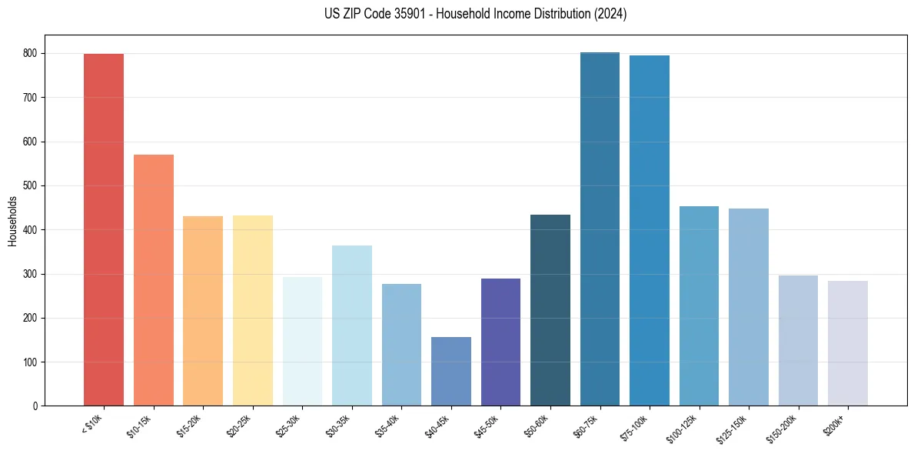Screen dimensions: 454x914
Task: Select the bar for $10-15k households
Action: (x=153, y=280)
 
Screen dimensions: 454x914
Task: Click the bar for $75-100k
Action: (x=650, y=230)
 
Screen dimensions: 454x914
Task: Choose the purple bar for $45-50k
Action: (x=500, y=342)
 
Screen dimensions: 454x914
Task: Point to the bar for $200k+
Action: (x=848, y=343)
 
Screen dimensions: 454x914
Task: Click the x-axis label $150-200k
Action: (x=793, y=426)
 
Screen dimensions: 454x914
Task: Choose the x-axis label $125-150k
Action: (x=743, y=426)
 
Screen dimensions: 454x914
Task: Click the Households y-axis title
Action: (x=12, y=221)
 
